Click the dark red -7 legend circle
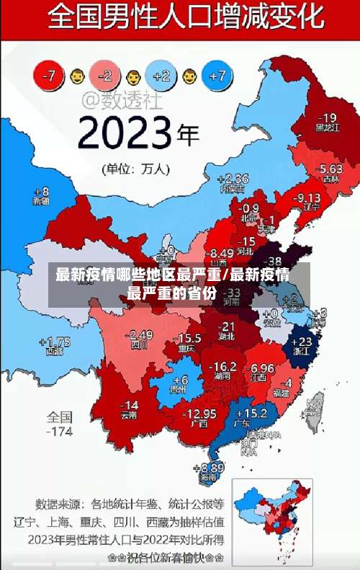pyautogui.click(x=50, y=74)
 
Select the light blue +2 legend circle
pyautogui.click(x=161, y=74)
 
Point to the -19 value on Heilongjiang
pyautogui.click(x=327, y=117)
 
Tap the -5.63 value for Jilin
pyautogui.click(x=330, y=169)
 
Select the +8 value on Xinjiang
pyautogui.click(x=41, y=192)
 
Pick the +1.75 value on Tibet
pyautogui.click(x=55, y=342)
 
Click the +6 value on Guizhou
pyautogui.click(x=179, y=380)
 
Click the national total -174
pyautogui.click(x=60, y=432)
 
